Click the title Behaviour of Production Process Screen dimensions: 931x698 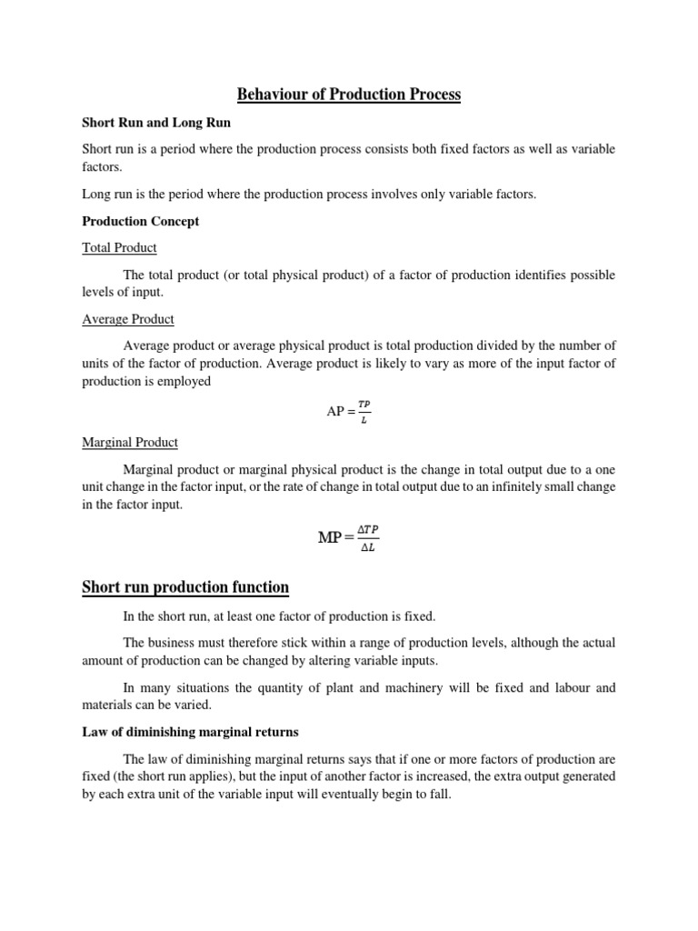[x=349, y=94]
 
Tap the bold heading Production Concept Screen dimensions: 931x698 [x=141, y=221]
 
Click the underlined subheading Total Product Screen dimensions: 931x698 [x=119, y=247]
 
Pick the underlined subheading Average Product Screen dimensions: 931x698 [x=128, y=319]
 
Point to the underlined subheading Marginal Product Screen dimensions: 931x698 [x=130, y=442]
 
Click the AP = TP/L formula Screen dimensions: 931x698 [x=348, y=411]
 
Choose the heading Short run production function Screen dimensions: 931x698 [x=185, y=587]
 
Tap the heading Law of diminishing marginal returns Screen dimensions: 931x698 [x=191, y=732]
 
